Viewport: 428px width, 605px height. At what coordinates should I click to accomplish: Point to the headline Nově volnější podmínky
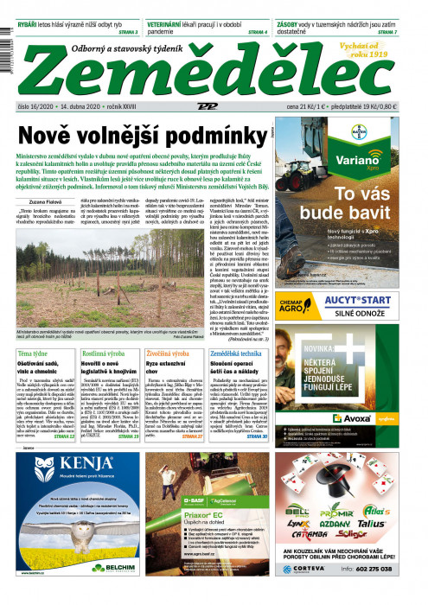click(x=140, y=136)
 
